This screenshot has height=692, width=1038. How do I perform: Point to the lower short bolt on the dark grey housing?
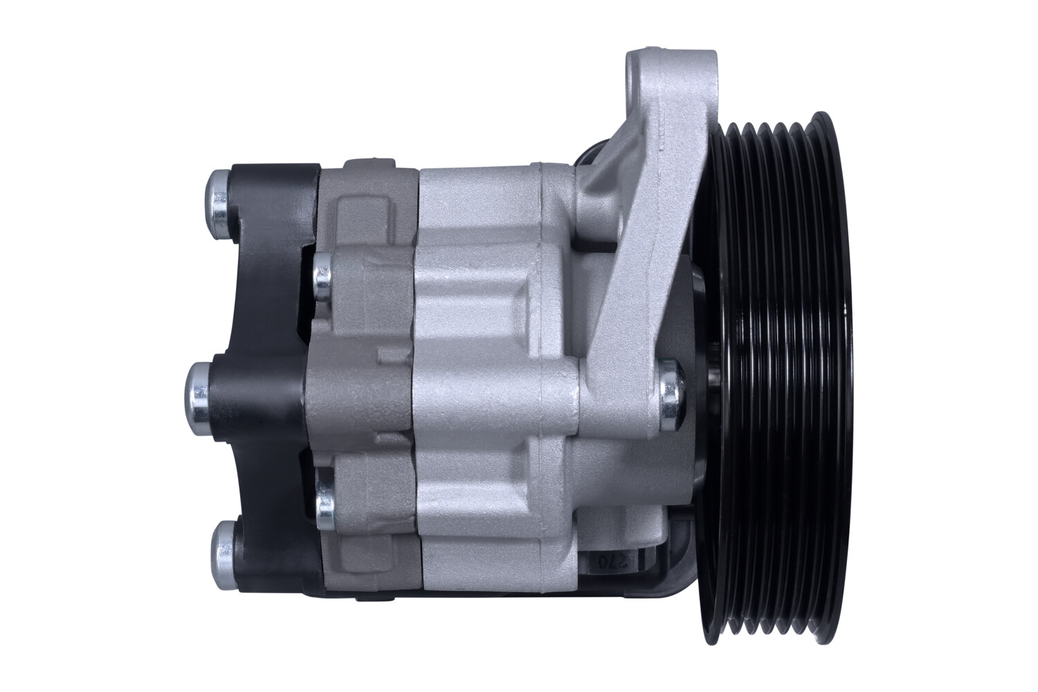point(324,500)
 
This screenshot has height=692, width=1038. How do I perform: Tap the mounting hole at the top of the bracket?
point(637,71)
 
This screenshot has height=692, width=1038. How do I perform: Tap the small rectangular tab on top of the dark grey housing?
point(359,167)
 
